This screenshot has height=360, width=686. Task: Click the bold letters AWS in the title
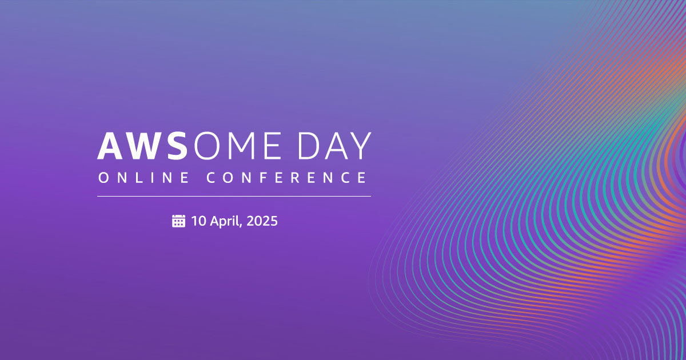coord(143,146)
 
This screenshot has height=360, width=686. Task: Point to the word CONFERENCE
coord(286,178)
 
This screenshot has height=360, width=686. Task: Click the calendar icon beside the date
coord(179,221)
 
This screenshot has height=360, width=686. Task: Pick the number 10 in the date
coord(198,221)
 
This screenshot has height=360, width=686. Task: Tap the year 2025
coord(264,221)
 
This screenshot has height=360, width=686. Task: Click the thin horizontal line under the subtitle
coord(234,196)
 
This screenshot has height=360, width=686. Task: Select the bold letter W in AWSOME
coord(145,146)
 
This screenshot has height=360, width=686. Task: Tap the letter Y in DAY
coord(360,146)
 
